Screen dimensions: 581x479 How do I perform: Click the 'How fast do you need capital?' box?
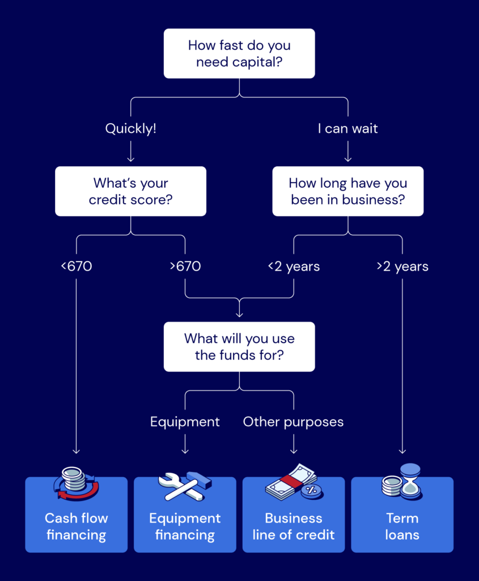click(x=239, y=53)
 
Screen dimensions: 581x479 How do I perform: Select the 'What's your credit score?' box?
click(x=130, y=191)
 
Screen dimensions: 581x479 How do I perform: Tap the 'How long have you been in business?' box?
click(x=347, y=191)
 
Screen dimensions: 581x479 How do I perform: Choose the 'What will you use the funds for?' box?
click(x=239, y=347)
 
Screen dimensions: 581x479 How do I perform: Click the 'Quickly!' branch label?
click(x=130, y=129)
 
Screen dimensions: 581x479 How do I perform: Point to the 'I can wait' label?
click(x=347, y=129)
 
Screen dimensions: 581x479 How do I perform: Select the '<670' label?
click(x=76, y=266)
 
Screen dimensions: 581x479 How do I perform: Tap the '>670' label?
click(x=185, y=266)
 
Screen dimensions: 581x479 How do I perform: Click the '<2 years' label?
click(x=294, y=266)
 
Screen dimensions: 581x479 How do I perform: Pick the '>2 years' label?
click(x=402, y=266)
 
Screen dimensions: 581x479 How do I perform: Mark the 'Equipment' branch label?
click(x=185, y=422)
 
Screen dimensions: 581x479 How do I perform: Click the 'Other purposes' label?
click(x=293, y=422)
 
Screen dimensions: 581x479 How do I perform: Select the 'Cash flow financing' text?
click(x=76, y=526)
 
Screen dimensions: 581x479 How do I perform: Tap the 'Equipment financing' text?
click(x=185, y=526)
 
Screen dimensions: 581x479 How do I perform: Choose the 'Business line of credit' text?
click(x=293, y=526)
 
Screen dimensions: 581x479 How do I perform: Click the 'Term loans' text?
click(x=402, y=526)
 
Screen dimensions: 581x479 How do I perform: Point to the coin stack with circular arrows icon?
click(x=75, y=483)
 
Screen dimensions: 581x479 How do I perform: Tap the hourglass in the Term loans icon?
click(x=411, y=481)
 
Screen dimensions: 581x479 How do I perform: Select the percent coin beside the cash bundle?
click(x=311, y=490)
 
